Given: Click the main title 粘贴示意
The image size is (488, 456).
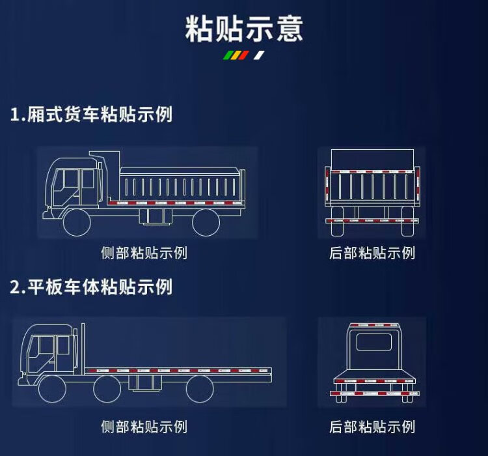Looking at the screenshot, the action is point(244,29).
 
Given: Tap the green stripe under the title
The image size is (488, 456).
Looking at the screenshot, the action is point(229,55).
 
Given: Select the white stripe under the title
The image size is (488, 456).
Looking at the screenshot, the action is point(259,55).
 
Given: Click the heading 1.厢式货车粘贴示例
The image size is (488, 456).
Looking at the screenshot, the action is point(91,114).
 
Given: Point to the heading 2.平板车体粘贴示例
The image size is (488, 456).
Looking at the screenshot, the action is point(91,287).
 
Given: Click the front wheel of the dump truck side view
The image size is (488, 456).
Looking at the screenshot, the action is point(77,223).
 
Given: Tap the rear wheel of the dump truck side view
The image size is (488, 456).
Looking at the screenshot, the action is point(206,223).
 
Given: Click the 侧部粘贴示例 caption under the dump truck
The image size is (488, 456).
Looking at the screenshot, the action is point(144,253).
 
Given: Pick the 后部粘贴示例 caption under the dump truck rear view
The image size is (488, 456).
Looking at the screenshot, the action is point(372,253).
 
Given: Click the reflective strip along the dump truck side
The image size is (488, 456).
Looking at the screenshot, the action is point(176,203).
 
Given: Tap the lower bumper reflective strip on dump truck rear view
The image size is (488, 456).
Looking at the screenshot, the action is point(372,221).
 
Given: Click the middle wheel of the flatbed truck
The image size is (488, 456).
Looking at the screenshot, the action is point(107,389).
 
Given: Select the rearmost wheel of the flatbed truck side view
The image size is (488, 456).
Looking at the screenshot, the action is point(200,389).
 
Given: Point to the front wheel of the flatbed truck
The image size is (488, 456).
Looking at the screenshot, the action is point(53,389).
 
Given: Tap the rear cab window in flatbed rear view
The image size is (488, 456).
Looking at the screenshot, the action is point(373,342).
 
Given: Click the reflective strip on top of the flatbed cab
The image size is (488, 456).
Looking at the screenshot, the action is point(373,326).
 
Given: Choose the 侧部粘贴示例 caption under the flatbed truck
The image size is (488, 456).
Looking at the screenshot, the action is point(144,427).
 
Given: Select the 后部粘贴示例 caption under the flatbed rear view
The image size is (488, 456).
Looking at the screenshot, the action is point(372,427).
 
